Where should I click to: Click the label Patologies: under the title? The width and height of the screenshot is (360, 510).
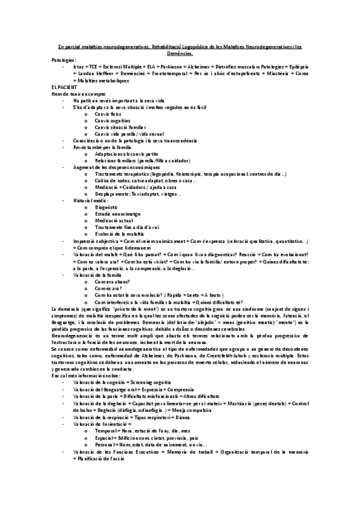click(64, 60)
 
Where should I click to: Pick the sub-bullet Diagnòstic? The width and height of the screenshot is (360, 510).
click(108, 206)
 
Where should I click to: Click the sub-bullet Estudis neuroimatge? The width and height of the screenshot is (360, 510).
click(118, 213)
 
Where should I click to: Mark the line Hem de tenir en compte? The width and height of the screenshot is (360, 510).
click(75, 93)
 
